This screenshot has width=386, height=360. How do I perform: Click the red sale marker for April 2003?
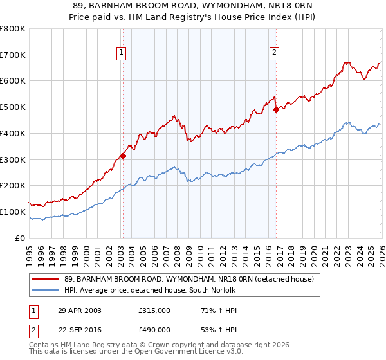coord(123,155)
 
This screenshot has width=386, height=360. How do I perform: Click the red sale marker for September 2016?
coord(276,109)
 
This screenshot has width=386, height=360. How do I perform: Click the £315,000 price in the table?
coord(154,310)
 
